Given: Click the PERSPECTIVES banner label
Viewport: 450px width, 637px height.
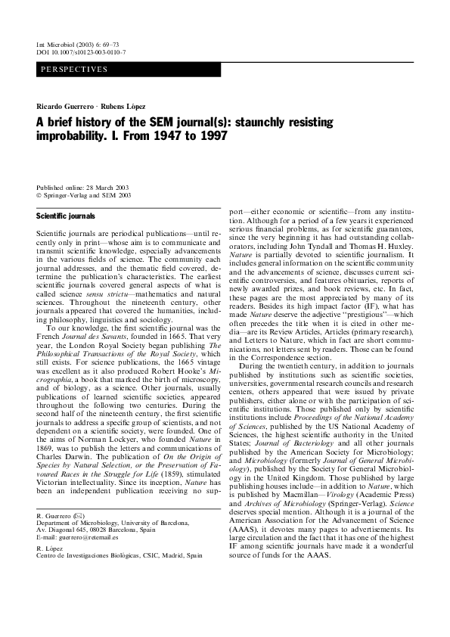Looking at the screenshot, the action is [x=75, y=70].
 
